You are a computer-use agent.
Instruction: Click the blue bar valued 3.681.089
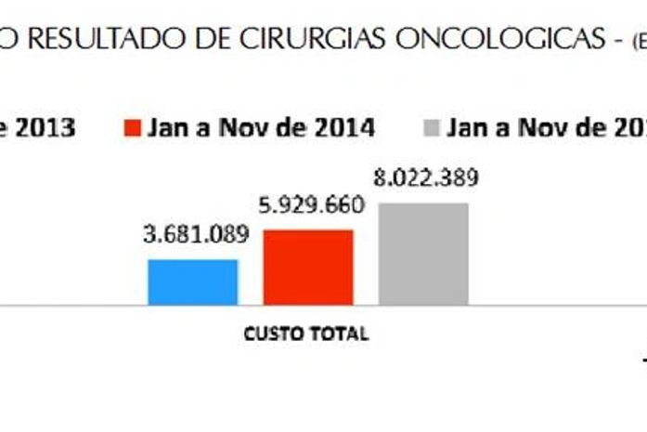tap(193, 281)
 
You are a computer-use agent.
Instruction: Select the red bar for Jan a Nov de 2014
tap(308, 267)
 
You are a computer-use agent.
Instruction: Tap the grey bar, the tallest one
tap(423, 253)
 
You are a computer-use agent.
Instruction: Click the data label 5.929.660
tap(310, 205)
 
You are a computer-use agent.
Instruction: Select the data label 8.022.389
tap(426, 178)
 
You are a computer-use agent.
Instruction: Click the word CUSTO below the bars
tap(274, 334)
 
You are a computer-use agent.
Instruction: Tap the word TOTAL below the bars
tap(339, 334)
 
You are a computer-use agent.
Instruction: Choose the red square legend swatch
tap(132, 127)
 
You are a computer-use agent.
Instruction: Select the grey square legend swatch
tap(431, 127)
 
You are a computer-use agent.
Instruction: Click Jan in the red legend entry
tap(166, 127)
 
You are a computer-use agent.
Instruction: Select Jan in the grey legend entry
tap(465, 127)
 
